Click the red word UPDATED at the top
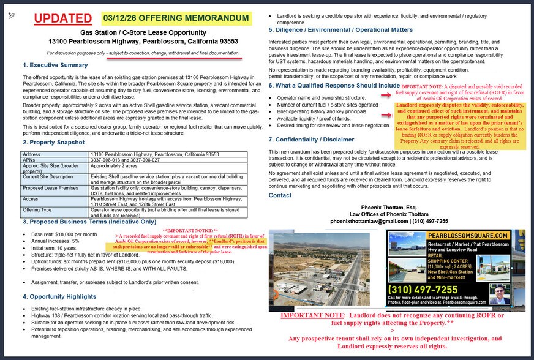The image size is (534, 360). pos(62,18)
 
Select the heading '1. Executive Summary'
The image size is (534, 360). pos(55,65)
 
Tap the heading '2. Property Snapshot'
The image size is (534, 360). pos(54,142)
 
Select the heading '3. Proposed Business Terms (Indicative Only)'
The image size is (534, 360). pos(89,221)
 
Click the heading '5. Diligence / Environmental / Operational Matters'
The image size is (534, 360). pos(340,30)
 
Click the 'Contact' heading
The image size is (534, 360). pos(280,195)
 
